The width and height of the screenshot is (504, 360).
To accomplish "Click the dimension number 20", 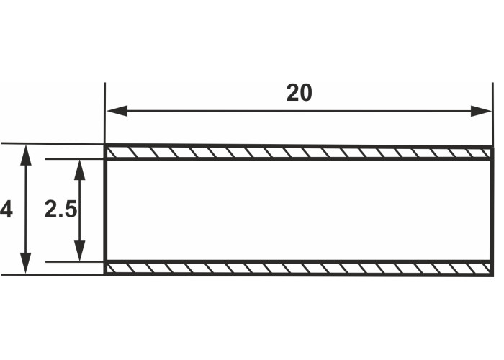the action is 299,93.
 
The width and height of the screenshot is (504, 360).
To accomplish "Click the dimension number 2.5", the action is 60,209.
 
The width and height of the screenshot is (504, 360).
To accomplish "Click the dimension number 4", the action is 6,210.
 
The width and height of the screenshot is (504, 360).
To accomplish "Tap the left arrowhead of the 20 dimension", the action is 117,111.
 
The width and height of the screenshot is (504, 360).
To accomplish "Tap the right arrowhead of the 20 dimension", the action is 481,111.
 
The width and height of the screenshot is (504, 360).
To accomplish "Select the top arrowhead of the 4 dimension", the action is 26,156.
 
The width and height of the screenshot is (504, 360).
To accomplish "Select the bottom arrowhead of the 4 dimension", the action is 26,264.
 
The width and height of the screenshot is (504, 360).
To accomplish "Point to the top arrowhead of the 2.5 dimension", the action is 79,170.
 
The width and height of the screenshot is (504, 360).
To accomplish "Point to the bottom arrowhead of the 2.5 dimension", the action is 79,251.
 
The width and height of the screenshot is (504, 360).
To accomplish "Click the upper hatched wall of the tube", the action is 299,153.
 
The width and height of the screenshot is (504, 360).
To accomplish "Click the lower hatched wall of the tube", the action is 299,269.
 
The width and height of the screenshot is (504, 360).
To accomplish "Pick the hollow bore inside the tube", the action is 299,210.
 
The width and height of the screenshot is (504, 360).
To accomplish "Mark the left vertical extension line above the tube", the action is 105,113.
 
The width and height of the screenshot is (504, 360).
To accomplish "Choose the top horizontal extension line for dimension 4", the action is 53,144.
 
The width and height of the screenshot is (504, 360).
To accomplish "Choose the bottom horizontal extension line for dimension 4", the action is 53,275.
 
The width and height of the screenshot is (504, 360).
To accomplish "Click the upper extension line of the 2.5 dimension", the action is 75,159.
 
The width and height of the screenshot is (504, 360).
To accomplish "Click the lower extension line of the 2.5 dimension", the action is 75,261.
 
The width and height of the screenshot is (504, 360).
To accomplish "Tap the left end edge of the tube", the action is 105,210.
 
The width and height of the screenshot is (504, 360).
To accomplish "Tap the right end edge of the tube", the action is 491,210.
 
